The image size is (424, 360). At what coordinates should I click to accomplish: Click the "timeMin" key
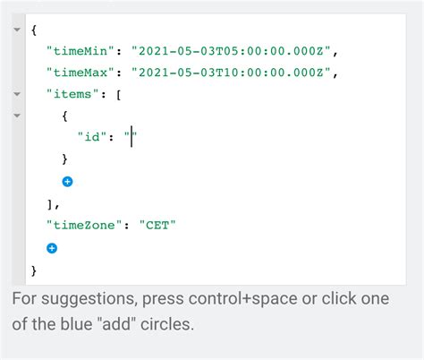point(81,51)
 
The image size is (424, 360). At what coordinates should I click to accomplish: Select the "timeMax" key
point(81,73)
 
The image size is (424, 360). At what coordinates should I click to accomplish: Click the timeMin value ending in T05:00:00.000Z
point(231,51)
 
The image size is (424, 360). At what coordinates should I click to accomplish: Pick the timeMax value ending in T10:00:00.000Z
point(231,73)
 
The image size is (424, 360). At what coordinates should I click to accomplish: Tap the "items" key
point(72,94)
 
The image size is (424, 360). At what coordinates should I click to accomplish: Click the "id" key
point(92,137)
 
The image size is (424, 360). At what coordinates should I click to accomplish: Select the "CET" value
point(157,225)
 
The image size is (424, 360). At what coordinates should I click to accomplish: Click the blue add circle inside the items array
point(67,182)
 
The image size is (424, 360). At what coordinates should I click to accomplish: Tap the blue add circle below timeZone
point(52,248)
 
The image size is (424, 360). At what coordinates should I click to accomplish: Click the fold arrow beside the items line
point(17,94)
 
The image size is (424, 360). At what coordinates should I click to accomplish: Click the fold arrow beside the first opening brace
point(17,30)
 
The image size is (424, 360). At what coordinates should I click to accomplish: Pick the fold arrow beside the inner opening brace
point(17,116)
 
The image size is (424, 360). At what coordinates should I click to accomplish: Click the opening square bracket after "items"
point(119,95)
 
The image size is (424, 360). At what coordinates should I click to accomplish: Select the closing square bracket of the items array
point(50,204)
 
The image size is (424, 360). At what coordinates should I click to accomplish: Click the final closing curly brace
point(34,271)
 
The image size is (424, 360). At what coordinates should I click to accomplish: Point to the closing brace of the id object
point(64,159)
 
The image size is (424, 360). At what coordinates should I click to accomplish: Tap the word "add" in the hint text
point(119,324)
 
